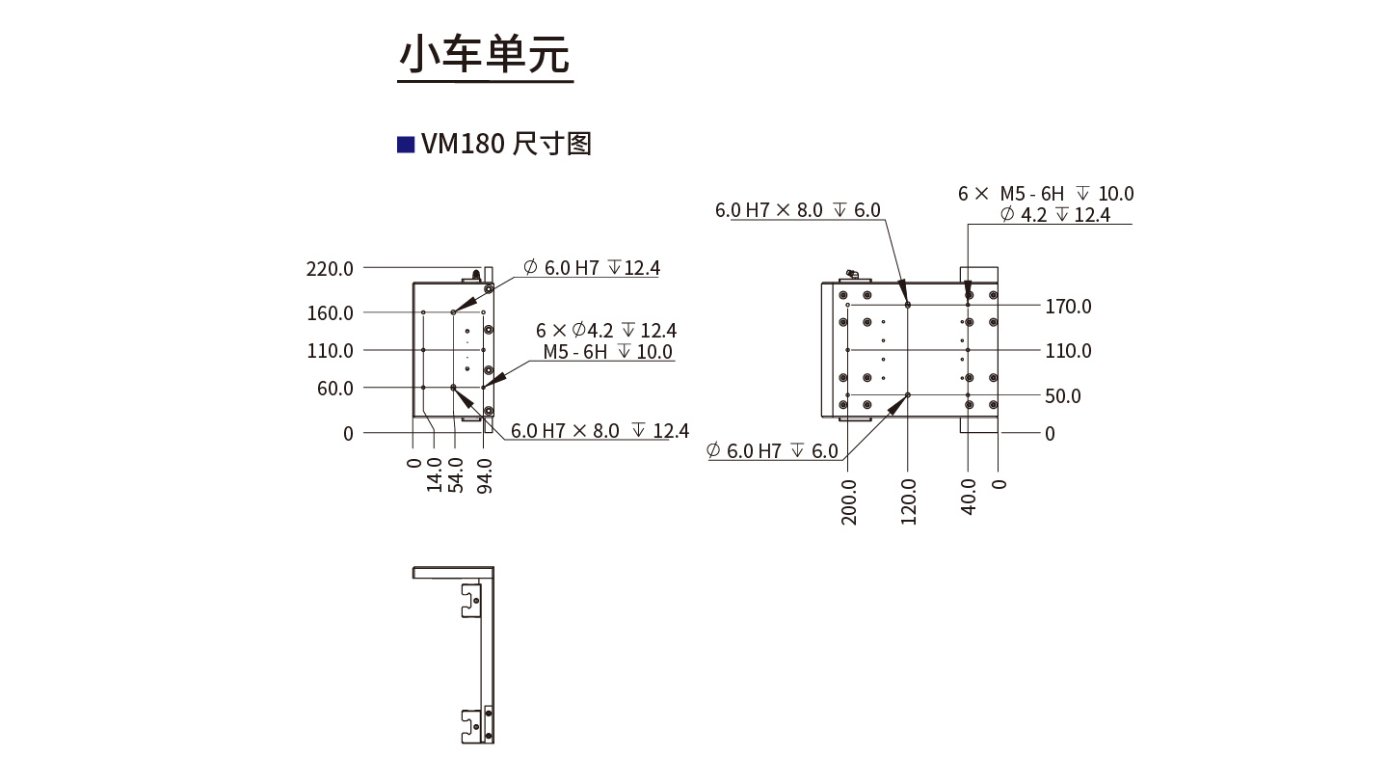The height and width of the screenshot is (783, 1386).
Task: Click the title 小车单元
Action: (485, 55)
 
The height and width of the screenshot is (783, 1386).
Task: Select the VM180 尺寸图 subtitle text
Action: (505, 145)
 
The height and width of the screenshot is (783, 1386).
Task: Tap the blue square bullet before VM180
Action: (406, 145)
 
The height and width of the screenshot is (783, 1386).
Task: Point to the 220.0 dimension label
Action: (330, 268)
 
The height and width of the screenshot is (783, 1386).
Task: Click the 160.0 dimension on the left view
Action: (330, 312)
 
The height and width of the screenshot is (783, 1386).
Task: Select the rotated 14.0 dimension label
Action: (436, 475)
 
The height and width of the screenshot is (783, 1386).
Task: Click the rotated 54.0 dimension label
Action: (458, 475)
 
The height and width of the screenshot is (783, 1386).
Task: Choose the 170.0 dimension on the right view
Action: (1068, 307)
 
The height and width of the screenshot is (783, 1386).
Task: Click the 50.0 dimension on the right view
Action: (1063, 396)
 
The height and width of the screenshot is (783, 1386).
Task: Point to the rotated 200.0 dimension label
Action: (849, 501)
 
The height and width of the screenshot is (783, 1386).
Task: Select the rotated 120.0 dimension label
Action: (908, 501)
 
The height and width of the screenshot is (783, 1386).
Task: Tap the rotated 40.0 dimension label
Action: (969, 496)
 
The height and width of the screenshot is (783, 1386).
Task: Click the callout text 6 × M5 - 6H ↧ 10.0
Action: (1046, 194)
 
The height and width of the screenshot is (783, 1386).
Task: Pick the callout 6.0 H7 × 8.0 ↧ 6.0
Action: (797, 210)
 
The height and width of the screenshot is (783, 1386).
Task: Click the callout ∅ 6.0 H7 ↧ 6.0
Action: (772, 450)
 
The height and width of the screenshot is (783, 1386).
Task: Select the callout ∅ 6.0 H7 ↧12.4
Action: (592, 268)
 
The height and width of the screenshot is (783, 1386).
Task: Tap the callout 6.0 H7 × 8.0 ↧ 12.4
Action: (600, 431)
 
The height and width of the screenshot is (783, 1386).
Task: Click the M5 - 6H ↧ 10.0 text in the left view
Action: (607, 352)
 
